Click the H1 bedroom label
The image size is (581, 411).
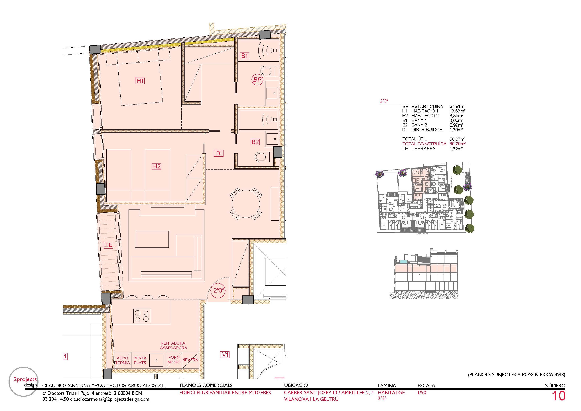click(140, 81)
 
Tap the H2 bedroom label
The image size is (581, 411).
click(157, 166)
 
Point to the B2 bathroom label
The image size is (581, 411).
click(255, 142)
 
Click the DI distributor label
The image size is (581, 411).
click(219, 153)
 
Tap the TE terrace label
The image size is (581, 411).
click(109, 245)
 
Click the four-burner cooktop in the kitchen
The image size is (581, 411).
click(142, 316)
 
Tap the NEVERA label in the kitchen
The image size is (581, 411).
click(190, 360)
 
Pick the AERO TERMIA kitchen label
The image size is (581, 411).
click(123, 360)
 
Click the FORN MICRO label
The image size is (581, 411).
click(174, 360)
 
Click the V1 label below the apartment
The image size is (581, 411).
click(225, 355)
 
